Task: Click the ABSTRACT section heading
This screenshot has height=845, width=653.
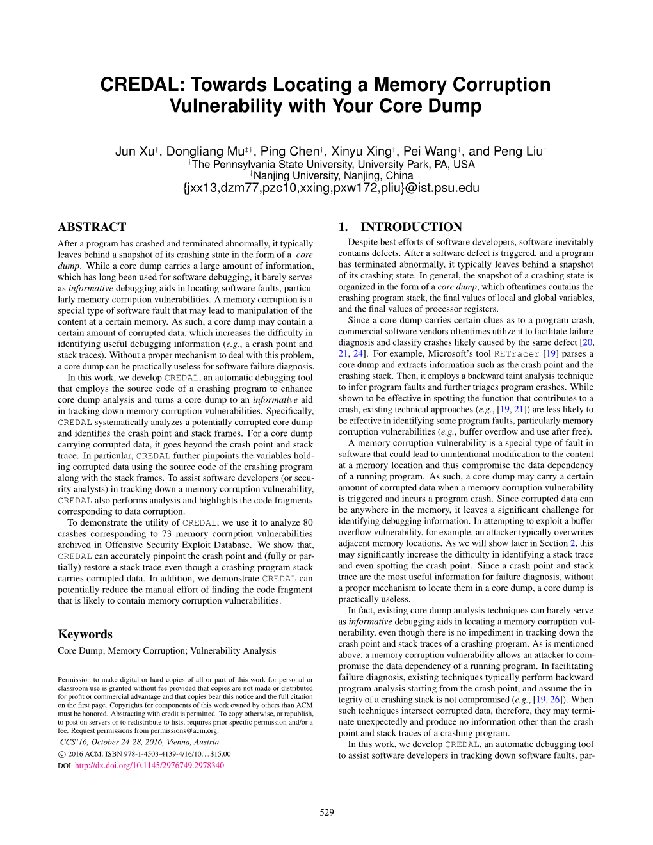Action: (x=92, y=227)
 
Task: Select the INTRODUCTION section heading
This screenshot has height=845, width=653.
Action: (x=411, y=227)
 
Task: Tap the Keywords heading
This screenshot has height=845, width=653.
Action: (x=85, y=634)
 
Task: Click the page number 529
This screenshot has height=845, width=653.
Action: (x=326, y=812)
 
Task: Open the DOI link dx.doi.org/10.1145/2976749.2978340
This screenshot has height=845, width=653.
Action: (x=149, y=765)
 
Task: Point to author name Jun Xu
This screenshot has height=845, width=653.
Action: (x=134, y=151)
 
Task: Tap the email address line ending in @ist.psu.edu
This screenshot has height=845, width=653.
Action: (x=330, y=188)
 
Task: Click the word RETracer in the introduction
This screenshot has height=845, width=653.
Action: (x=517, y=353)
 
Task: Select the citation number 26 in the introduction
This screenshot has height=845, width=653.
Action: (x=554, y=700)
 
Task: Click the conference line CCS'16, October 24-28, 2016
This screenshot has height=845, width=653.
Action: (x=140, y=742)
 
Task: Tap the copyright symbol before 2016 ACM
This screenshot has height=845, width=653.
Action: (x=61, y=754)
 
